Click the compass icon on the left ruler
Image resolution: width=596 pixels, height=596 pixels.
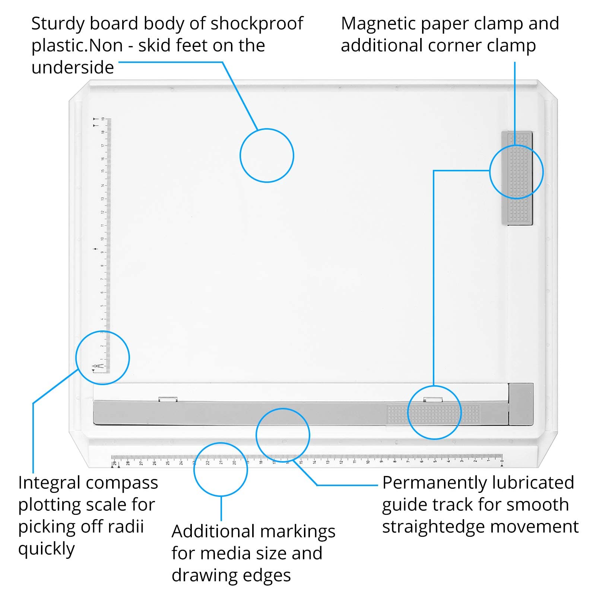coord(96,368)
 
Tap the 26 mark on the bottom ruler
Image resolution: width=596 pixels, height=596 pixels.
coord(154,463)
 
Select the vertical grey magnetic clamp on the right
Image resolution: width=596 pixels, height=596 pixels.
coord(517,178)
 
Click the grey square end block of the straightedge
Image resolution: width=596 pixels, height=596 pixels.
coord(521,404)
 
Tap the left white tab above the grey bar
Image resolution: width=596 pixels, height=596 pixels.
coord(168,399)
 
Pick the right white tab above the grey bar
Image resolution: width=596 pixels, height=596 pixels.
coord(433,399)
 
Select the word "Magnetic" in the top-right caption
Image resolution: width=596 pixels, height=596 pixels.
coord(376,23)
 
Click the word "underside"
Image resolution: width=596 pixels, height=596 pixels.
coord(73,68)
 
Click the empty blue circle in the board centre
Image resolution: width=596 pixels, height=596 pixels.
coord(267,155)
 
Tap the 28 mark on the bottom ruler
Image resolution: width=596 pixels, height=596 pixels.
coord(128,463)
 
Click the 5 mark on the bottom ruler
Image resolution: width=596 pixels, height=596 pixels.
coord(435,462)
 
